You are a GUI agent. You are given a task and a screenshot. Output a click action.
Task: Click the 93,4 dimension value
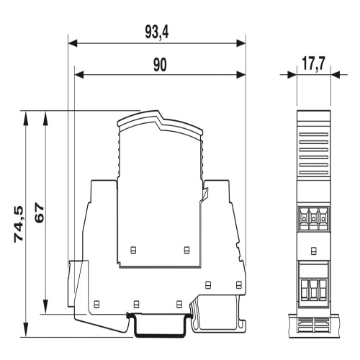(157, 32)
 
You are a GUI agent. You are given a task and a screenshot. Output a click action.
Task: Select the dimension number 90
(160, 65)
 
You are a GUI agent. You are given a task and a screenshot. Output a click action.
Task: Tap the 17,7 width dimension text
(313, 64)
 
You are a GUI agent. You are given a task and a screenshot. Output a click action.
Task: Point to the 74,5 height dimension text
(19, 224)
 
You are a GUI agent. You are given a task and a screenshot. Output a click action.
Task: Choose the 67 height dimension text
(40, 213)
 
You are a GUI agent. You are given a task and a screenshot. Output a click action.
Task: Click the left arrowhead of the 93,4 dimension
(73, 43)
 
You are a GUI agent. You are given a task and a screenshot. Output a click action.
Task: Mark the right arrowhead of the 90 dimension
(241, 75)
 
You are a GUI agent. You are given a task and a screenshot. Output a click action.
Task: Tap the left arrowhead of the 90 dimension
(79, 75)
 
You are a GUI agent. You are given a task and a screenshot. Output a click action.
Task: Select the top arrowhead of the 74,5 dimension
(25, 115)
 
